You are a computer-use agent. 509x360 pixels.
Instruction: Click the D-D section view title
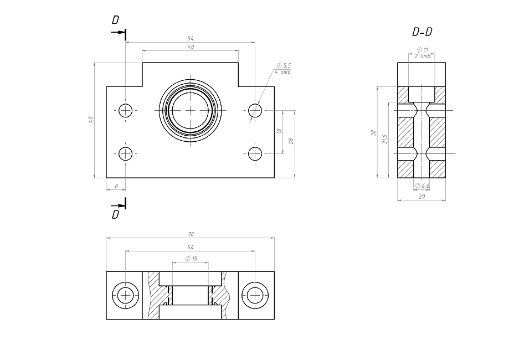click(x=422, y=33)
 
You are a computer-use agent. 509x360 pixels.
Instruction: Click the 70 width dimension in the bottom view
click(x=191, y=234)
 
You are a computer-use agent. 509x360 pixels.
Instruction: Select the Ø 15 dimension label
click(x=192, y=259)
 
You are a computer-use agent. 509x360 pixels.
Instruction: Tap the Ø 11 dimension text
click(x=422, y=50)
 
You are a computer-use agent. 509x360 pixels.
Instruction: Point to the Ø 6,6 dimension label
click(x=423, y=186)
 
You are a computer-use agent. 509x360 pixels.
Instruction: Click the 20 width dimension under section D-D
click(x=421, y=196)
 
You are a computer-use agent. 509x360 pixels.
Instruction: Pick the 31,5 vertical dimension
click(x=385, y=139)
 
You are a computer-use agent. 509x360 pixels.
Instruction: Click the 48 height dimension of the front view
click(x=91, y=119)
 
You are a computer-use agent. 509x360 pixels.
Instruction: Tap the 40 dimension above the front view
click(x=191, y=48)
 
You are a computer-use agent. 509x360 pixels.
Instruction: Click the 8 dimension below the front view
click(x=116, y=186)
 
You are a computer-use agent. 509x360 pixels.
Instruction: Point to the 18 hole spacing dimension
click(x=279, y=131)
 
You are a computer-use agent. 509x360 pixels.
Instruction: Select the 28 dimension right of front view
click(x=291, y=141)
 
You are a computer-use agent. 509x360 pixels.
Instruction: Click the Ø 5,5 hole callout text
click(x=284, y=66)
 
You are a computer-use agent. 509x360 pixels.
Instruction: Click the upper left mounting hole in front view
click(x=126, y=110)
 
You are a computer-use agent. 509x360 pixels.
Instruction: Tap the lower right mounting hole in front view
click(x=255, y=153)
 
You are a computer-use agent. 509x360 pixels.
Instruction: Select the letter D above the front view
click(x=115, y=20)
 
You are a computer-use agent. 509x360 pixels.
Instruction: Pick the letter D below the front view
click(x=115, y=214)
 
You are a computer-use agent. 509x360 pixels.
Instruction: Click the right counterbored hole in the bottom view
click(x=255, y=295)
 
